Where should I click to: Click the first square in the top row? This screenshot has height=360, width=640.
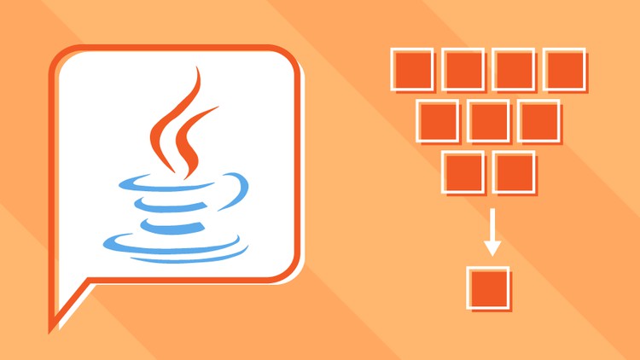(411, 69)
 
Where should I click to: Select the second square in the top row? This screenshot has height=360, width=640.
(463, 69)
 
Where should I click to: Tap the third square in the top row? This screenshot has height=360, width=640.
(514, 69)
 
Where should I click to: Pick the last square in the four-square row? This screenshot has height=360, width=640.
(565, 69)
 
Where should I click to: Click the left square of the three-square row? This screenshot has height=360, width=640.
(438, 120)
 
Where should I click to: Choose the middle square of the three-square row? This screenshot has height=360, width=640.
(488, 120)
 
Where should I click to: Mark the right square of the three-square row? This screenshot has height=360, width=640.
(538, 120)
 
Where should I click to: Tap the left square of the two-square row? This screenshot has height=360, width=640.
(463, 171)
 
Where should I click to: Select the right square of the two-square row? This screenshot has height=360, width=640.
(514, 171)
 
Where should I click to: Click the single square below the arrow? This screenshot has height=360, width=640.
(489, 287)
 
